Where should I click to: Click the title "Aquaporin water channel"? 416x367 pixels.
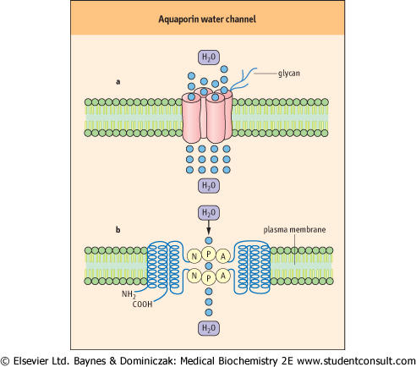coord(207,19)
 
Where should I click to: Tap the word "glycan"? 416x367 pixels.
coord(289,74)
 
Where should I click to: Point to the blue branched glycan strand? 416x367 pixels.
coord(242,78)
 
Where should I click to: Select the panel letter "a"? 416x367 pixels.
coord(118,82)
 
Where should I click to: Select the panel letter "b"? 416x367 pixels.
coord(118,230)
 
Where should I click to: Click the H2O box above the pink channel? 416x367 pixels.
coord(209,58)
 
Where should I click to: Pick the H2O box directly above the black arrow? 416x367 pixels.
coord(209,213)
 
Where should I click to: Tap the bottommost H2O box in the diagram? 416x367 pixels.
coord(209,328)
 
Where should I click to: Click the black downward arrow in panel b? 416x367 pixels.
coord(209,227)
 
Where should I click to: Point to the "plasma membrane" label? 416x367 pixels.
coord(294,230)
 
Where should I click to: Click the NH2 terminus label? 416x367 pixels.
coord(129,294)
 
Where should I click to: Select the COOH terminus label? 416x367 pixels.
coord(142,304)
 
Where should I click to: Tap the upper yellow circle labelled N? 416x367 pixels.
coord(194,256)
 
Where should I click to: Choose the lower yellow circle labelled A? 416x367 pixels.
coord(223,276)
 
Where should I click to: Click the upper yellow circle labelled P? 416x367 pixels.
coord(209,255)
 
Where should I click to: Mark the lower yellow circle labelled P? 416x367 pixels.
coord(209,278)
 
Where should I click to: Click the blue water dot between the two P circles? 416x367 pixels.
coord(209,266)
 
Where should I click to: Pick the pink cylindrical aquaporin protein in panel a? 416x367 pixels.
coord(207,116)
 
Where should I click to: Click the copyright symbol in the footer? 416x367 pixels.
coord(5,361)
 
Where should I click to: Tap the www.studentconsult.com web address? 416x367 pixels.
coord(356,361)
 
